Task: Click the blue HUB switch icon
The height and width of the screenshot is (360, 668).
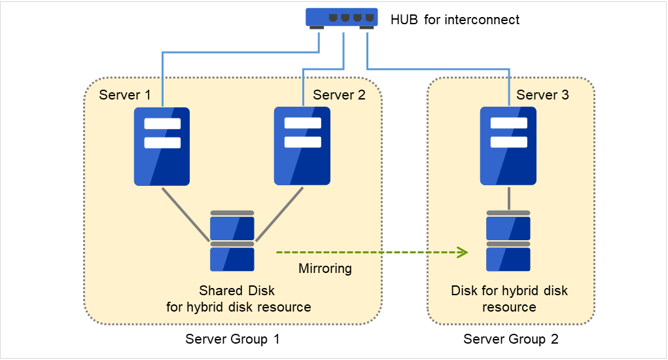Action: [x=342, y=18]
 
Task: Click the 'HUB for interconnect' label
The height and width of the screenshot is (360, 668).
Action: [x=455, y=20]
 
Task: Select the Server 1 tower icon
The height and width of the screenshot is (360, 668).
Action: [x=162, y=147]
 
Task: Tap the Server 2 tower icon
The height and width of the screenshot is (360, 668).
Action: [x=302, y=147]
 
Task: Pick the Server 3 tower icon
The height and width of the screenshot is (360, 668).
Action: [x=508, y=147]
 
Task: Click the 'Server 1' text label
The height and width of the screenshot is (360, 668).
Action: [x=125, y=95]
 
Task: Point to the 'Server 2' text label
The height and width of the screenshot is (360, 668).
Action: [x=339, y=95]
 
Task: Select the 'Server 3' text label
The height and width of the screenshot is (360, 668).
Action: [x=542, y=95]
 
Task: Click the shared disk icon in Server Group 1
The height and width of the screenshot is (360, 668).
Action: [x=232, y=242]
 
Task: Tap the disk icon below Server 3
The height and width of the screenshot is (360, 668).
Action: [x=508, y=242]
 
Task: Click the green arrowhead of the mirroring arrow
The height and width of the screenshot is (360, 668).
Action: [x=463, y=252]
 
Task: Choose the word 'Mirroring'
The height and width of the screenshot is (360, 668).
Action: [x=325, y=268]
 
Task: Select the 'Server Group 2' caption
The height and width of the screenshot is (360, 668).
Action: [x=511, y=339]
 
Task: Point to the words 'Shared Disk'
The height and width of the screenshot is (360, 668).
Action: [x=237, y=291]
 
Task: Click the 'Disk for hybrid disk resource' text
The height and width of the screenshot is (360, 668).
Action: [x=509, y=298]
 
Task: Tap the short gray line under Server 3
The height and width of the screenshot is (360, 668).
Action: [x=508, y=198]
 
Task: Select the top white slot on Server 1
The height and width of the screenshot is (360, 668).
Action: [x=162, y=124]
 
